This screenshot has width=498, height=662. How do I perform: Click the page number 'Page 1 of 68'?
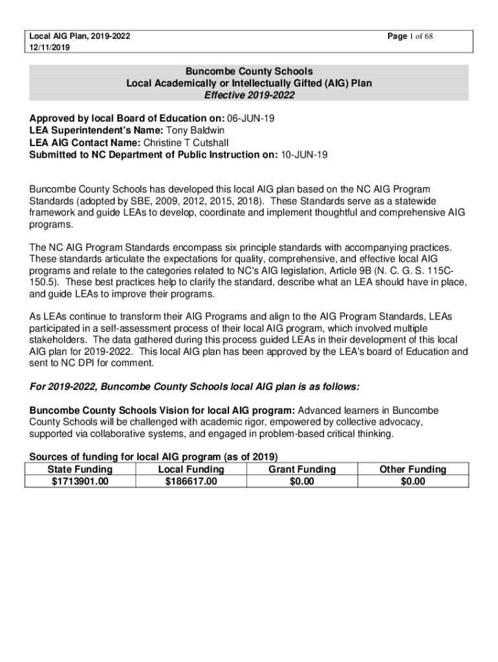(409, 36)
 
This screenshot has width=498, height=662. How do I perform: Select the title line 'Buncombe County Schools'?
(249, 71)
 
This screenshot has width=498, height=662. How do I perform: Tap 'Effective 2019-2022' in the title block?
(249, 96)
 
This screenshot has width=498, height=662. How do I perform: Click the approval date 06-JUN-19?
(255, 119)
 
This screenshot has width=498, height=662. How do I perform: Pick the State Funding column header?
(80, 469)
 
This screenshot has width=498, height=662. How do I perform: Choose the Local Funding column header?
(191, 469)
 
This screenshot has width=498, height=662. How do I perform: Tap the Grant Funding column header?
(302, 469)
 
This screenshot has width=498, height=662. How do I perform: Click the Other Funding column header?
(413, 469)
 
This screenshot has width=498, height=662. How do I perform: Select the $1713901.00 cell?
(80, 482)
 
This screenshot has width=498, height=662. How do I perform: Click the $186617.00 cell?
(191, 482)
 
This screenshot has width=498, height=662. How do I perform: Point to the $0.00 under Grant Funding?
(302, 482)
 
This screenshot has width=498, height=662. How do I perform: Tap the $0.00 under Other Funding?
(413, 482)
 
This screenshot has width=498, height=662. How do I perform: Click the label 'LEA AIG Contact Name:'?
(85, 143)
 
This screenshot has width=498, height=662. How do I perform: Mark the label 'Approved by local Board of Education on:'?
(127, 119)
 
